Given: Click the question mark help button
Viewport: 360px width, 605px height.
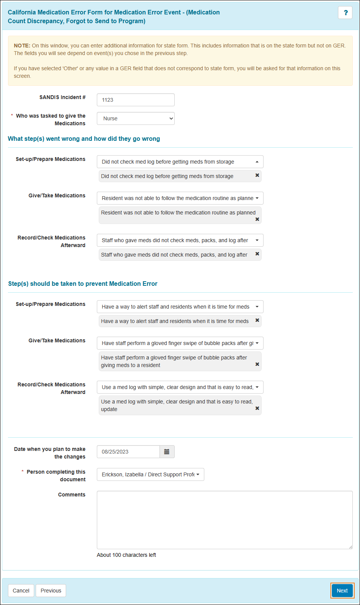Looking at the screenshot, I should coord(345,13).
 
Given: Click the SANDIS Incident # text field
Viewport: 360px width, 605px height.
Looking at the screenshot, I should coord(136,100).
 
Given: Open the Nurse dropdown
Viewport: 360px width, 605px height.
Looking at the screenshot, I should coord(136,118).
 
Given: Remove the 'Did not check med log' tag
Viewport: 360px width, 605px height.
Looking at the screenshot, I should coord(257,175).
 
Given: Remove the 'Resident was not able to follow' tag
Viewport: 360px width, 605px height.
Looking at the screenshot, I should coord(257,219).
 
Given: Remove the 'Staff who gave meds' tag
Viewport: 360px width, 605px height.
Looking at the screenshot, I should coord(257,254).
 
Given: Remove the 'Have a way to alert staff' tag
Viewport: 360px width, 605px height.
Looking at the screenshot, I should coord(257,320).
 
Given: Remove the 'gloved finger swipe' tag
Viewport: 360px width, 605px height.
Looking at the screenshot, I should coord(257,364).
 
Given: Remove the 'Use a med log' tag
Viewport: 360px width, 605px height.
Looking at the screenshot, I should coord(257,408).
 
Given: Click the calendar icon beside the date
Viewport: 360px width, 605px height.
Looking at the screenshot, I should coord(167,452).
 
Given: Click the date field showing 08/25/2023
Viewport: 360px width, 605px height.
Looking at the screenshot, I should coord(128,452).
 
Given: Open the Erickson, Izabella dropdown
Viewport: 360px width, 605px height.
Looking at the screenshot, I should coord(150,474).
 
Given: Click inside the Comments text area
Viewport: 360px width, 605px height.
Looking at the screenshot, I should coord(224,520).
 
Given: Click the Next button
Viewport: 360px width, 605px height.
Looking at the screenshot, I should coord(342,591).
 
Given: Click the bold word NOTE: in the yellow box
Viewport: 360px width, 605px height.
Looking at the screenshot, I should coord(22,46).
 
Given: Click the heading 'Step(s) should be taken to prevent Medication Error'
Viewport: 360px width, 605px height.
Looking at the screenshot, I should coord(83,284).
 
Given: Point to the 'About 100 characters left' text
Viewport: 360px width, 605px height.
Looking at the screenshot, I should coord(126,555).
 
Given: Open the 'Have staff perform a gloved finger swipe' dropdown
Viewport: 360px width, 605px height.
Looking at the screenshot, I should coord(180,343).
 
